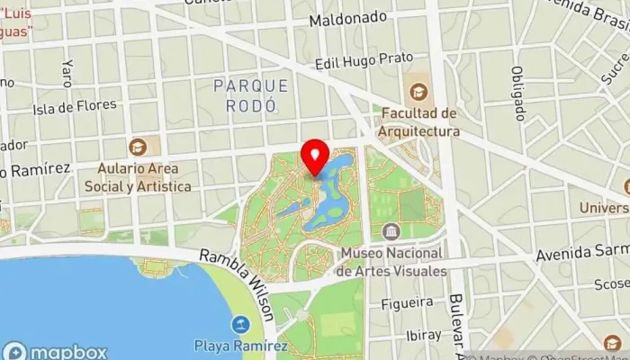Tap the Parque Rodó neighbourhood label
pyautogui.click(x=252, y=94)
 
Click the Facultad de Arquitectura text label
pyautogui.click(x=420, y=122)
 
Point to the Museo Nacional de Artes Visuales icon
pyautogui.click(x=391, y=231)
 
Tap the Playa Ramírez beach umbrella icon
pyautogui.click(x=240, y=323)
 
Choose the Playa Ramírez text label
pyautogui.click(x=240, y=346)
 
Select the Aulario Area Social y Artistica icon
pyautogui.click(x=138, y=146)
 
